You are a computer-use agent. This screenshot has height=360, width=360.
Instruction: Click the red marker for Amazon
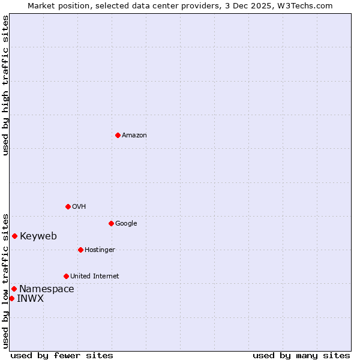(x=118, y=135)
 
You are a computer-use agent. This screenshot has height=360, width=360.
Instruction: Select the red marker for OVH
(x=68, y=206)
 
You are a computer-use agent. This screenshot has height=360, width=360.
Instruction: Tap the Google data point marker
(x=111, y=223)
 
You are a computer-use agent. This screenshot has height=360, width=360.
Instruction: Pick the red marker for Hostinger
(x=80, y=250)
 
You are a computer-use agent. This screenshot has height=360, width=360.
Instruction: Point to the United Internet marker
(x=66, y=276)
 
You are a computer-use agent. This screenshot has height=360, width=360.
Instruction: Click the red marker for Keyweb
(x=14, y=236)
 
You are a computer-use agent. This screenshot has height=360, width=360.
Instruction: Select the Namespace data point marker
(x=14, y=289)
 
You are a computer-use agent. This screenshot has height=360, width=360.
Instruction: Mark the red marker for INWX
(x=11, y=298)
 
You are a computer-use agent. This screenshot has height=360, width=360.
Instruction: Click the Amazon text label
(x=134, y=135)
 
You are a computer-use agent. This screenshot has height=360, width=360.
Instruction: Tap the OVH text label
(x=79, y=206)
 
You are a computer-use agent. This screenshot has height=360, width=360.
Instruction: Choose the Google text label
(x=126, y=223)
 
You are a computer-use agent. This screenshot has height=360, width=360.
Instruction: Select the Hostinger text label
(x=100, y=250)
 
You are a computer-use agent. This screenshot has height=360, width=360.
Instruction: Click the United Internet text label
(x=95, y=276)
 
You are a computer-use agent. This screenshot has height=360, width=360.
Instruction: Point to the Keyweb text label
(x=38, y=236)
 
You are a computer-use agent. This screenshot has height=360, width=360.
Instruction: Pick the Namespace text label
(x=47, y=289)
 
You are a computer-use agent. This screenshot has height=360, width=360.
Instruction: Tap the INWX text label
(x=30, y=298)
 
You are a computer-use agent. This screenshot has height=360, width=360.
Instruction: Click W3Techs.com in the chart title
(x=309, y=5)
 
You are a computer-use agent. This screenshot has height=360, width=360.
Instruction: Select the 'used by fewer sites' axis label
(x=62, y=355)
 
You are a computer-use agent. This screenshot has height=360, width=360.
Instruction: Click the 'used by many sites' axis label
(x=301, y=355)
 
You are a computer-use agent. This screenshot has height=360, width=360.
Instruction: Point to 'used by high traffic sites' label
(x=5, y=85)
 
